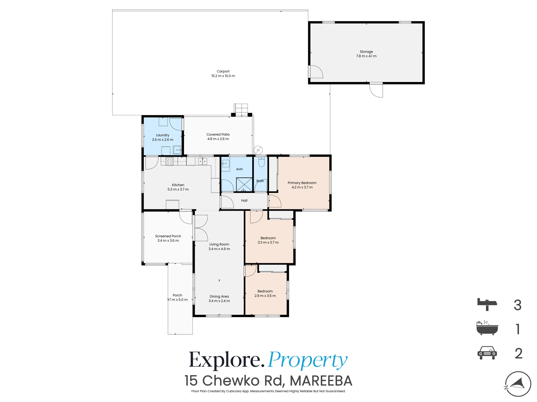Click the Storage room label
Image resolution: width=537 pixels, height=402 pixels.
[x=366, y=51]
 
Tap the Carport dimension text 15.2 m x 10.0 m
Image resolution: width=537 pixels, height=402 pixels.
[x=223, y=76]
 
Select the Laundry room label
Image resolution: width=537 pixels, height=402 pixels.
[x=162, y=135]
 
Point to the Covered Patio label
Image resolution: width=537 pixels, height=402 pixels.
[x=218, y=134]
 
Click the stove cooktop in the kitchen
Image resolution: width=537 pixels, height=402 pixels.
[x=169, y=161]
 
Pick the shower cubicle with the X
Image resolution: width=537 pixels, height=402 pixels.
[x=244, y=185]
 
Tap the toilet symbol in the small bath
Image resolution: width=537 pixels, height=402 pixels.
[x=261, y=162]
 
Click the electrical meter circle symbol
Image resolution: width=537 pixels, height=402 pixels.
[x=258, y=150]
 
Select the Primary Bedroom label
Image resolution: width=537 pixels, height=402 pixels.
[x=302, y=183]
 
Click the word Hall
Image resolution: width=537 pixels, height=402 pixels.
[x=244, y=200]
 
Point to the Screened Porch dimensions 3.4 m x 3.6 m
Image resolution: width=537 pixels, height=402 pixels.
[x=168, y=241]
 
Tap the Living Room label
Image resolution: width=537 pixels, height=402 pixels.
[x=219, y=244]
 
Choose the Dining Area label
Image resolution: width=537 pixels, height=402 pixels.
[x=219, y=296]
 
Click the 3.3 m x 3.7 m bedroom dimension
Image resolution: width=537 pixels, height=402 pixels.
[x=268, y=243]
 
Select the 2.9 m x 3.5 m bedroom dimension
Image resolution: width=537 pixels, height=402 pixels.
[x=265, y=296]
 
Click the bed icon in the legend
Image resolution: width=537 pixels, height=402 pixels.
[x=487, y=304]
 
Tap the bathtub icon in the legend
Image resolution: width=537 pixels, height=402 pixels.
[x=487, y=328]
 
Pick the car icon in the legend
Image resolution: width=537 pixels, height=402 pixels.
[x=487, y=353]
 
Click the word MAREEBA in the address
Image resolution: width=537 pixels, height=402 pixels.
[x=321, y=381]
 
